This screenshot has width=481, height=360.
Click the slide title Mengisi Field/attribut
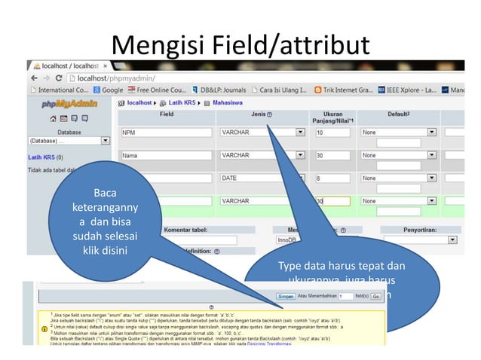click(x=240, y=44)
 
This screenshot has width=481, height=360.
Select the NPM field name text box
click(x=167, y=133)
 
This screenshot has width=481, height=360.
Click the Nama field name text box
click(x=167, y=156)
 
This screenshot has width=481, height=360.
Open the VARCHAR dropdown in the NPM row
click(x=262, y=133)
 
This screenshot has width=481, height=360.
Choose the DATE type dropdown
click(x=262, y=178)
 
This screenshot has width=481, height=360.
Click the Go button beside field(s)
click(x=375, y=297)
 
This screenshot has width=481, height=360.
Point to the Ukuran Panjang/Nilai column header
click(x=332, y=117)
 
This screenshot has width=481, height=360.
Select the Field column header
click(x=167, y=114)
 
